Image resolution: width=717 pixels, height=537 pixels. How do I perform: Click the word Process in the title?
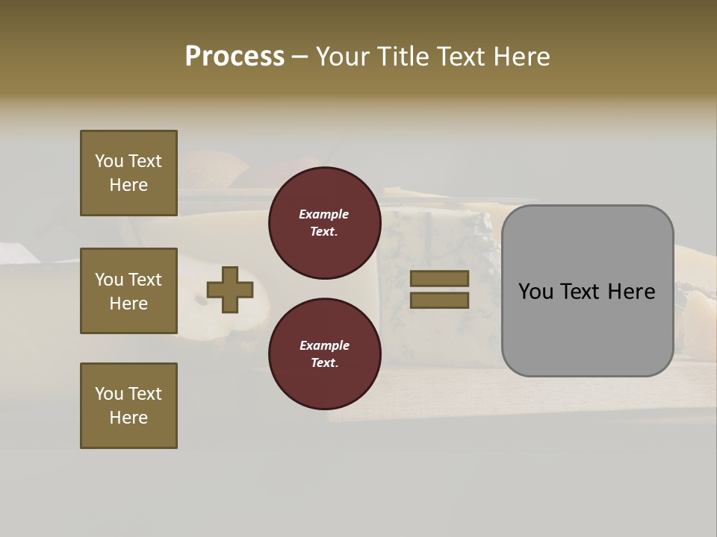[x=235, y=57]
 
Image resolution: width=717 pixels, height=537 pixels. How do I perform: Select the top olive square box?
[x=128, y=173]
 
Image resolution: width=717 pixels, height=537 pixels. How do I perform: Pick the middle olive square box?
[x=128, y=291]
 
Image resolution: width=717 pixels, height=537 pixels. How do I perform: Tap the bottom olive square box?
[x=128, y=406]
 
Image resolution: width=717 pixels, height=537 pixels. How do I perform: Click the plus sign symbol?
[x=230, y=289]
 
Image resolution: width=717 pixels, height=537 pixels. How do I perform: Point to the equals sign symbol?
[x=439, y=289]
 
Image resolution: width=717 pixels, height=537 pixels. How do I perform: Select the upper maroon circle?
[x=324, y=223]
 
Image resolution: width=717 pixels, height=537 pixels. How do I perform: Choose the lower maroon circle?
[x=324, y=354]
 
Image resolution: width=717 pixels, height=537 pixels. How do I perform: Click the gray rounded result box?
[x=587, y=291]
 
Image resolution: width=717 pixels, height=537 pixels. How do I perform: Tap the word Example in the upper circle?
[x=324, y=214]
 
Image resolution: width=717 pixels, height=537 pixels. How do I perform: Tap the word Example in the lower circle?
[x=324, y=345]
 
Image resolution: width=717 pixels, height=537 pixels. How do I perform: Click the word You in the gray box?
[x=535, y=292]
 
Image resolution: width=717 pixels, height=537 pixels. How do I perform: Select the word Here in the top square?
[x=128, y=185]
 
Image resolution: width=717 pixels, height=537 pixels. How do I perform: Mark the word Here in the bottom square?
[x=128, y=418]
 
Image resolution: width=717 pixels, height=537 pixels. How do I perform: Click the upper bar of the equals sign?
[x=439, y=279]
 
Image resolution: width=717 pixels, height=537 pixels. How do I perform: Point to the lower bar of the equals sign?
[x=439, y=300]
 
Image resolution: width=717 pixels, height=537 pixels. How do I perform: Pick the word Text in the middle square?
[x=144, y=280]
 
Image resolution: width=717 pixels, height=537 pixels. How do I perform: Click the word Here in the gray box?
[x=631, y=292]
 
